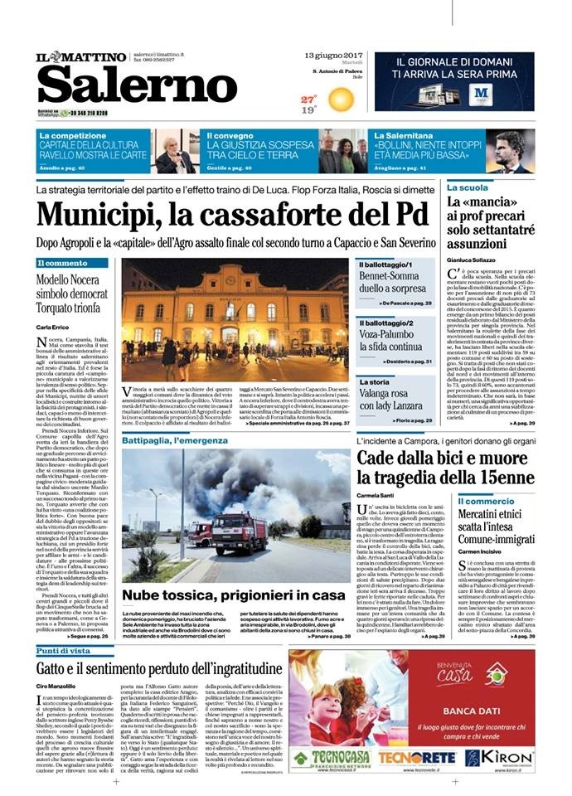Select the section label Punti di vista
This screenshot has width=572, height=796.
tap(65, 651)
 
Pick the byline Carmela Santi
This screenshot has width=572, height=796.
tap(377, 494)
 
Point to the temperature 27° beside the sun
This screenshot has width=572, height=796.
tap(308, 99)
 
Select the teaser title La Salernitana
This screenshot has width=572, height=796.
tap(407, 134)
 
